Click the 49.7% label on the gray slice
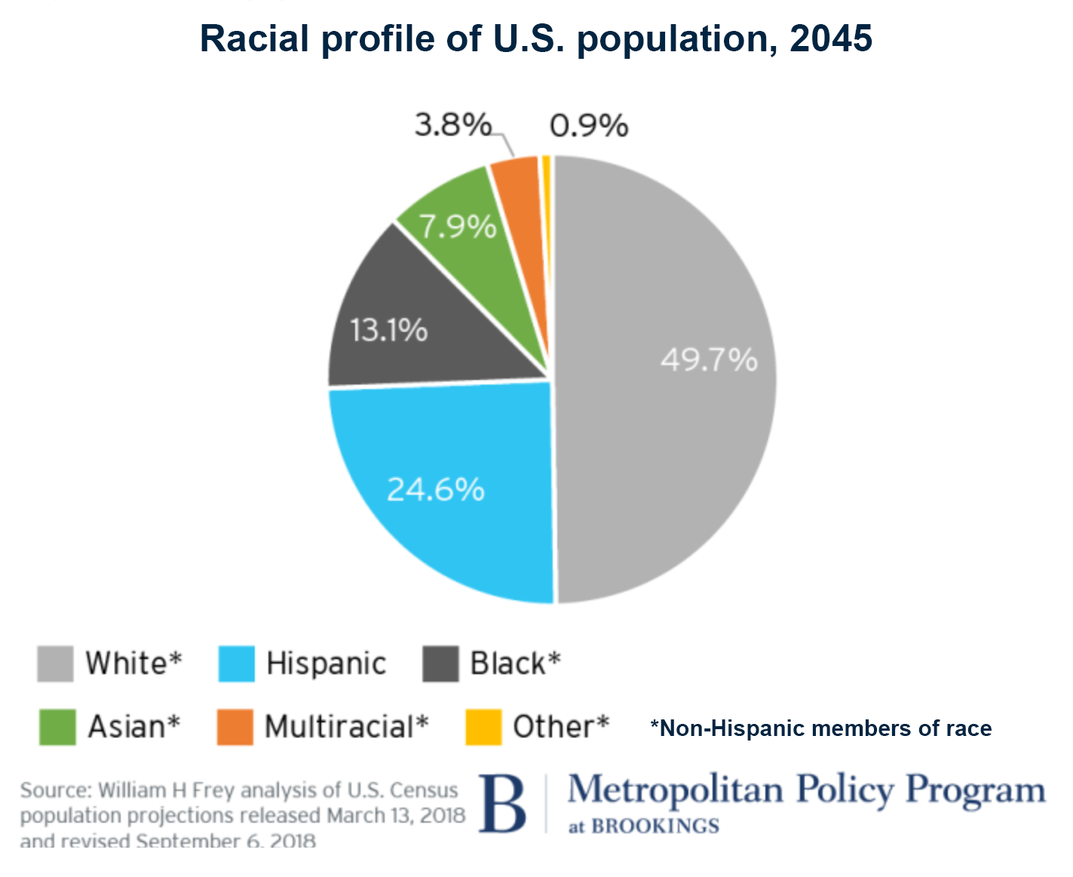tap(709, 360)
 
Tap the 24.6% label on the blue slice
tap(435, 490)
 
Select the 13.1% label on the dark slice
tap(388, 330)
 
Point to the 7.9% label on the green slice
tap(458, 226)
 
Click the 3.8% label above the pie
tap(452, 124)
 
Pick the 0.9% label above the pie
tap(589, 126)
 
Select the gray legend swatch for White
tap(55, 664)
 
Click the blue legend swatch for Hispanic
tap(236, 664)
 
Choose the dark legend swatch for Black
tap(440, 664)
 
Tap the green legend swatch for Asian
tap(57, 727)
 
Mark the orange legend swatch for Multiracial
tap(235, 727)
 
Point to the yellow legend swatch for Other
tap(483, 727)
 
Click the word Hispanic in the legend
tap(326, 664)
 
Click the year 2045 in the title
tap(831, 38)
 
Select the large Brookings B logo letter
tap(502, 805)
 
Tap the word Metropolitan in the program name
tap(676, 790)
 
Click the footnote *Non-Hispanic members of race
tap(821, 728)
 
